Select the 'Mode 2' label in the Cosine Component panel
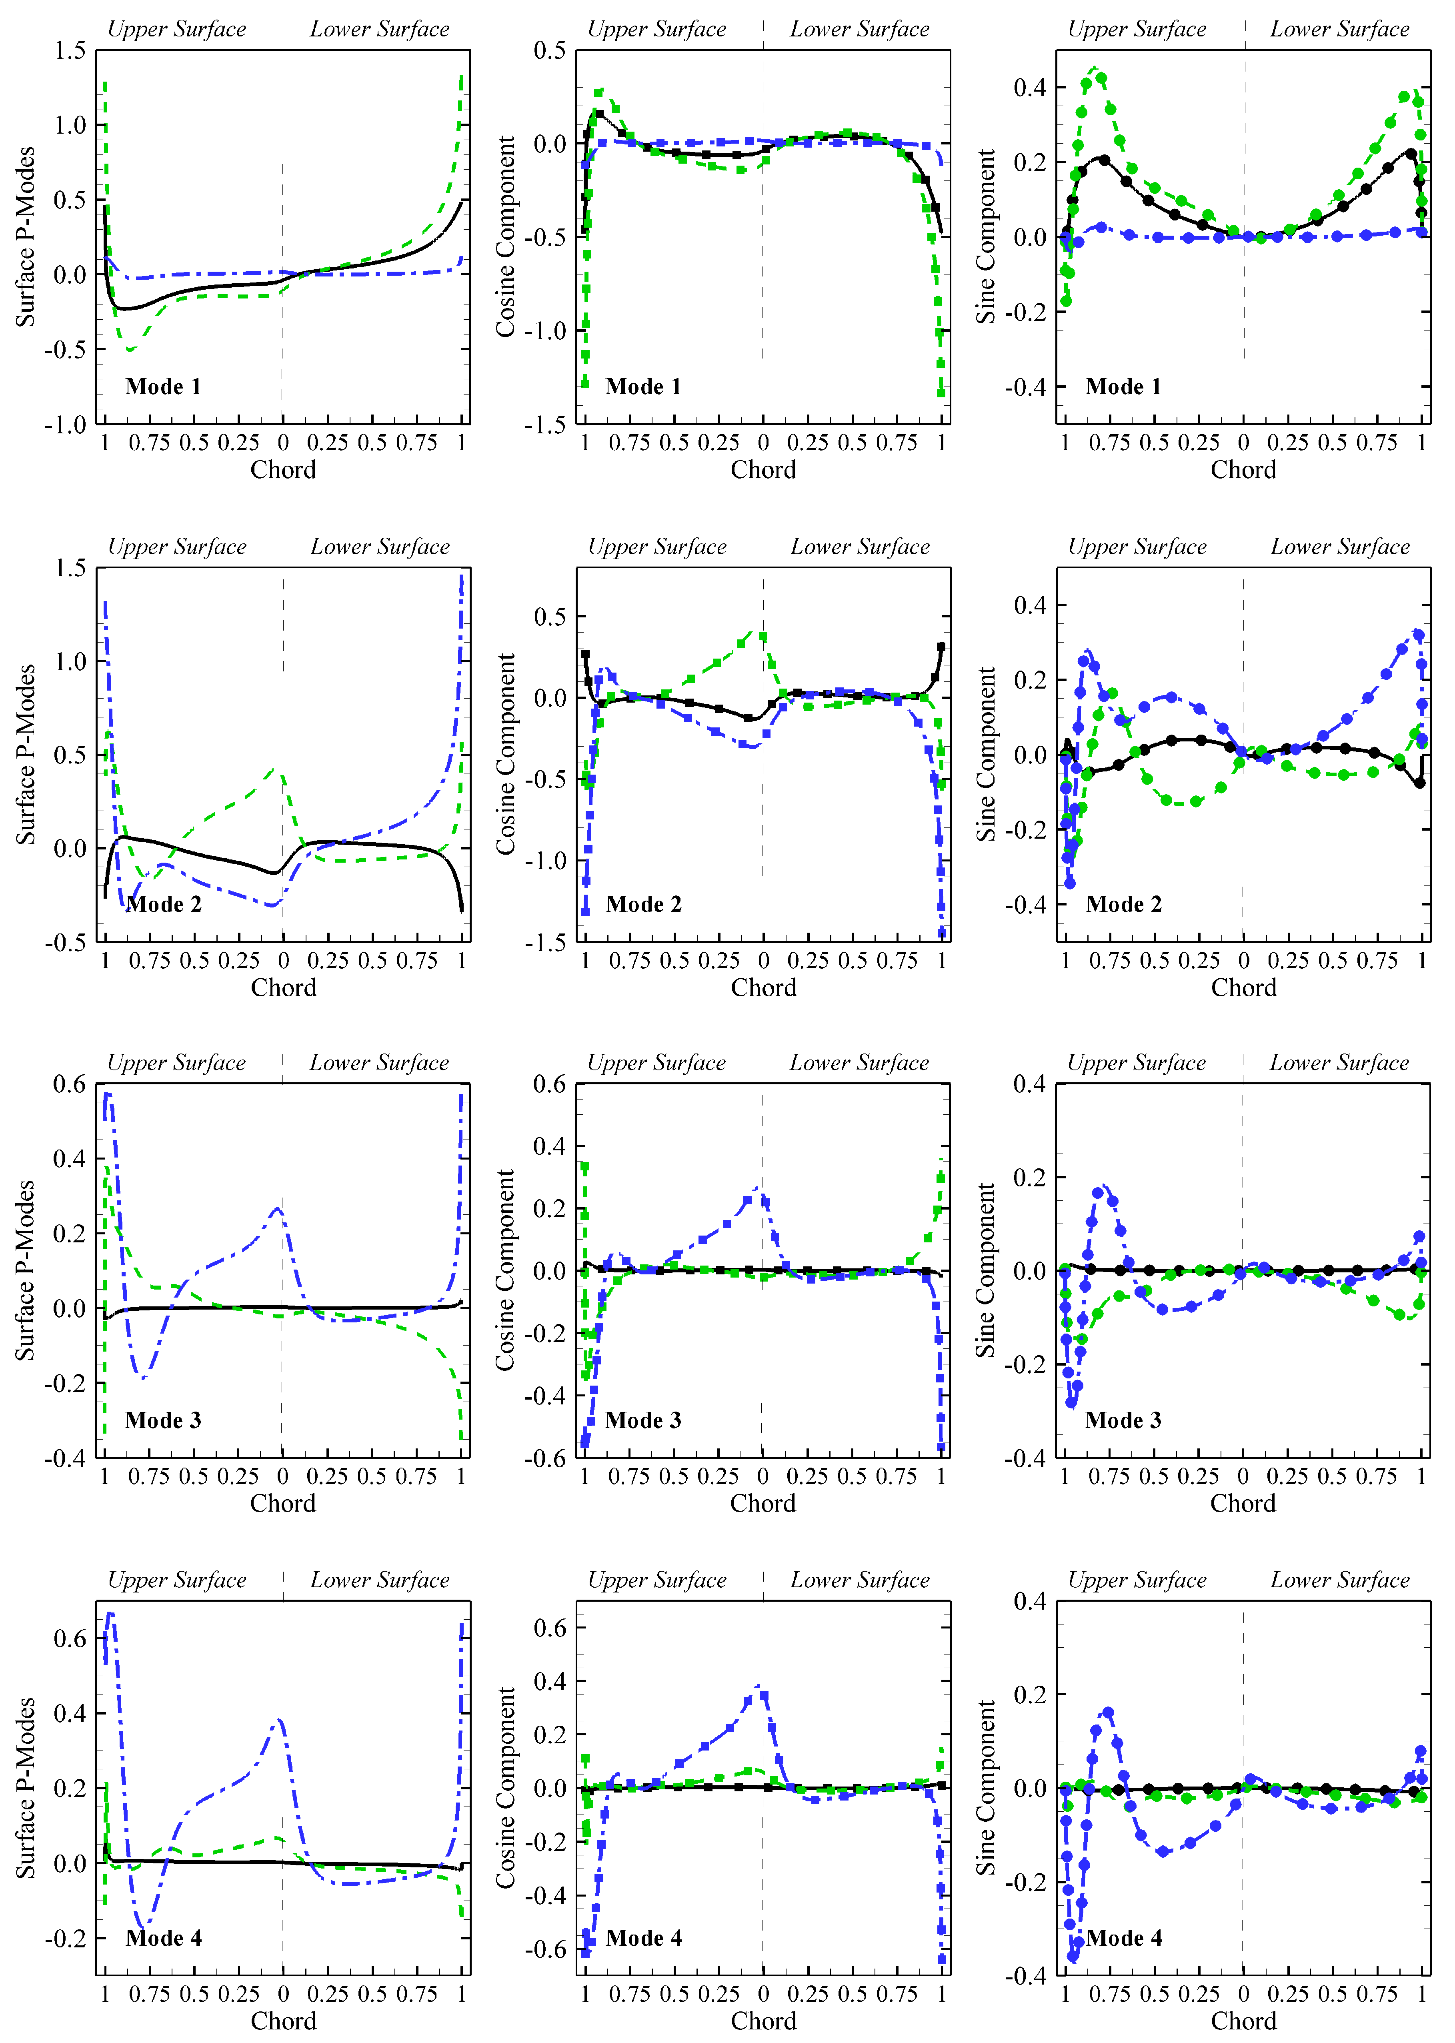643,904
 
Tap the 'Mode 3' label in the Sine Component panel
1123,1420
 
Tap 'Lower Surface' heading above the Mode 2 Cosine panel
859,547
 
